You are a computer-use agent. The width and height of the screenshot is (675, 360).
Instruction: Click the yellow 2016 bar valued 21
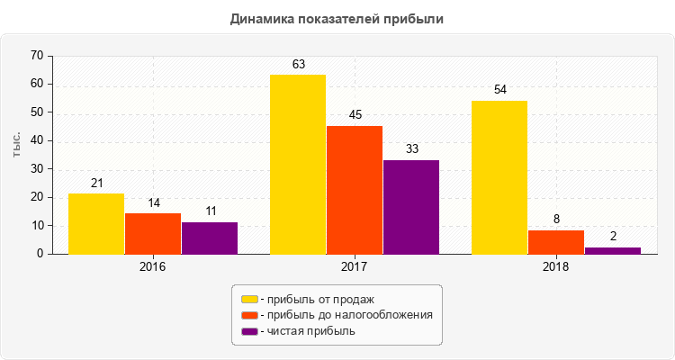[x=96, y=224]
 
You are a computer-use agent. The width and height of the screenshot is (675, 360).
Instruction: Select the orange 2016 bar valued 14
[x=153, y=234]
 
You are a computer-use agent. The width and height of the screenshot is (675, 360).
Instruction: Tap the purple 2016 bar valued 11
[x=210, y=238]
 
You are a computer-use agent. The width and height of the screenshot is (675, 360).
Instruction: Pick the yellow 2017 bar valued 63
[x=298, y=165]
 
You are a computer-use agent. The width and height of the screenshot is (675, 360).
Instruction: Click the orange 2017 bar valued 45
[x=355, y=190]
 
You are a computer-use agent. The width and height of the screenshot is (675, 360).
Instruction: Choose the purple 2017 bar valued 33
[x=411, y=207]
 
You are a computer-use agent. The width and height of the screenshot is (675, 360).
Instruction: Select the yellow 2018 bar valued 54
[x=499, y=177]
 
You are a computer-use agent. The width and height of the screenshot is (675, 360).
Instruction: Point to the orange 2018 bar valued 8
[x=556, y=242]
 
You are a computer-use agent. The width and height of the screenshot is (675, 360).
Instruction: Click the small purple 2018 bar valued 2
[x=613, y=250]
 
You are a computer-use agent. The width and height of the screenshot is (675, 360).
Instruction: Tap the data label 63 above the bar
[x=299, y=65]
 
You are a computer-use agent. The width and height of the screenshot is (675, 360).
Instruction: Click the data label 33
[x=412, y=149]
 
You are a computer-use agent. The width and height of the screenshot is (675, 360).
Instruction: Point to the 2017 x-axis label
[x=355, y=267]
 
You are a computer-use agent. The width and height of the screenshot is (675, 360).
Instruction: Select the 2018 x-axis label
[x=556, y=267]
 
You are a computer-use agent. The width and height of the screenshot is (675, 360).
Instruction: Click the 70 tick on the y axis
[x=37, y=56]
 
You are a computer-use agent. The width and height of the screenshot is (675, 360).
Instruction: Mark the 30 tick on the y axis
[x=37, y=169]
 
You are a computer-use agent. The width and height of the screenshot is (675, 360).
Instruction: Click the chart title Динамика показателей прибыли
[x=337, y=19]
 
